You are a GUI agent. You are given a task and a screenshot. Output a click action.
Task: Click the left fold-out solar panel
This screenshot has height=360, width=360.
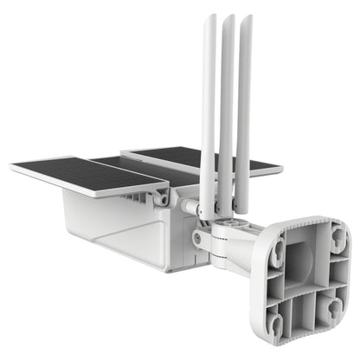(87, 172)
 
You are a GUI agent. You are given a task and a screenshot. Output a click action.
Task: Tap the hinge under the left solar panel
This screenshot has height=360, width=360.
(161, 198)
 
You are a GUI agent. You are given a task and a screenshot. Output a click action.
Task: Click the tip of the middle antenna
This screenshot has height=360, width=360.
(228, 18)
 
